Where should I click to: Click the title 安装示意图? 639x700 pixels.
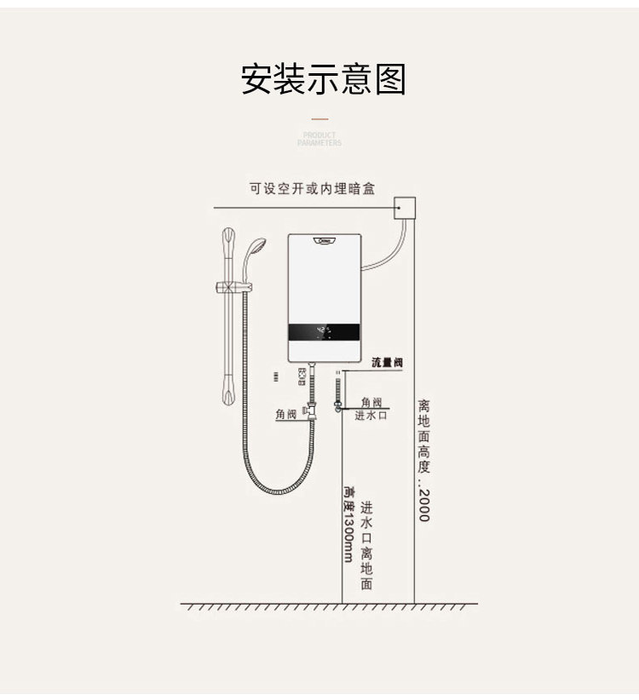(x=323, y=79)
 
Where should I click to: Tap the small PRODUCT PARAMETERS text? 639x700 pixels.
(x=319, y=139)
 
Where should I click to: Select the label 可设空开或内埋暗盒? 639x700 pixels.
(x=312, y=188)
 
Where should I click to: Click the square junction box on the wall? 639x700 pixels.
(x=405, y=207)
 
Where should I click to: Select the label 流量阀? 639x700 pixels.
(x=387, y=363)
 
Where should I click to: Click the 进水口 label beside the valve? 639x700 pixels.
(x=371, y=416)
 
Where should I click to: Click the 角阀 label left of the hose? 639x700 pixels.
(x=285, y=415)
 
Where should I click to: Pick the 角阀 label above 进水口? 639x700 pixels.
(x=371, y=402)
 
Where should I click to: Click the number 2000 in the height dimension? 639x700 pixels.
(x=423, y=504)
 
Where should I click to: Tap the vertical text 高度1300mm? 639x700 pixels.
(x=348, y=524)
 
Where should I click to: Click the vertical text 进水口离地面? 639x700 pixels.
(x=366, y=545)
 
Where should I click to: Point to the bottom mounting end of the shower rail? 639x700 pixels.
(x=228, y=393)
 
